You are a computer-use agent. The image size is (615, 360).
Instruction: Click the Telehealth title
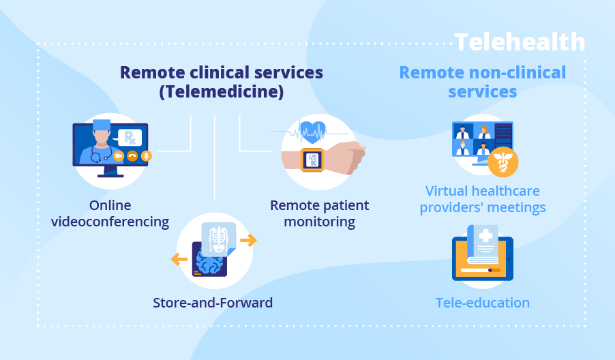click(x=520, y=42)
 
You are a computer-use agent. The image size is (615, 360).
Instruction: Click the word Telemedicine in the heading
click(x=222, y=91)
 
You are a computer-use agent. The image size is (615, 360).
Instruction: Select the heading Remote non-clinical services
click(x=483, y=82)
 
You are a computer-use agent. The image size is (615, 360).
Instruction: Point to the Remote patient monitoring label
click(x=319, y=213)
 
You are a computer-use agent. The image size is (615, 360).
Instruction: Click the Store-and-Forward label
click(x=213, y=303)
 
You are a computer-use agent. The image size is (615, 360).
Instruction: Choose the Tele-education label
click(x=483, y=303)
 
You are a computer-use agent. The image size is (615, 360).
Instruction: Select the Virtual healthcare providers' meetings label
click(x=483, y=198)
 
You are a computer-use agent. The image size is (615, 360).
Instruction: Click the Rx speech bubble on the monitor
click(x=130, y=137)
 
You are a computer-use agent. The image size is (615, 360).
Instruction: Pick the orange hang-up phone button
click(x=132, y=156)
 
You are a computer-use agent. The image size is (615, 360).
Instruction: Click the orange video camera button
click(x=119, y=156)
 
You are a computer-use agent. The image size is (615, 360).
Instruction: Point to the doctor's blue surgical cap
click(x=102, y=125)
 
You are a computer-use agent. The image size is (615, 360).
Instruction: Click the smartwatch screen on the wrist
click(x=312, y=160)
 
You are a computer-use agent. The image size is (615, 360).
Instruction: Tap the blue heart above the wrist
click(x=312, y=130)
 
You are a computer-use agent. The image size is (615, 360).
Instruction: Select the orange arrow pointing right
click(x=248, y=240)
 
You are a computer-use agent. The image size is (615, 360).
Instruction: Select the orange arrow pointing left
click(x=179, y=258)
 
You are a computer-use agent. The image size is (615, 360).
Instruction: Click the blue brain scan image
click(x=210, y=262)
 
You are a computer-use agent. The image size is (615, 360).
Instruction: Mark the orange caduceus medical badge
click(x=503, y=162)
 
